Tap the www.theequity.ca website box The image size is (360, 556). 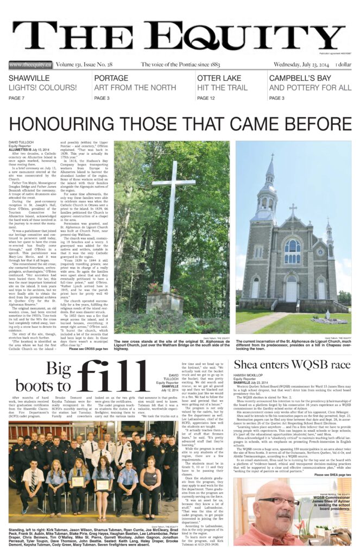point(30,65)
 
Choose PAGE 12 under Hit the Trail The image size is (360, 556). point(206,98)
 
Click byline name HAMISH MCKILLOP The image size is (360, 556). point(250,374)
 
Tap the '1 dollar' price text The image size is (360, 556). point(343,65)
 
